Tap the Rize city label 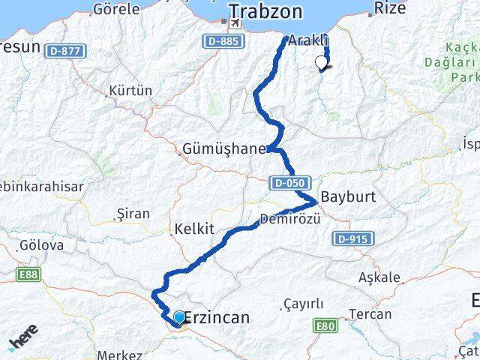(x=390, y=8)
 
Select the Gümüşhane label (x=223, y=148)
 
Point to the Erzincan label (x=216, y=318)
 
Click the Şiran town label (x=133, y=214)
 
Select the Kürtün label (x=130, y=90)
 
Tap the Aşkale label (x=379, y=277)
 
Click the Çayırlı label (x=304, y=303)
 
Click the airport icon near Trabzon (x=235, y=23)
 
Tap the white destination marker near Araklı (x=322, y=62)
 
